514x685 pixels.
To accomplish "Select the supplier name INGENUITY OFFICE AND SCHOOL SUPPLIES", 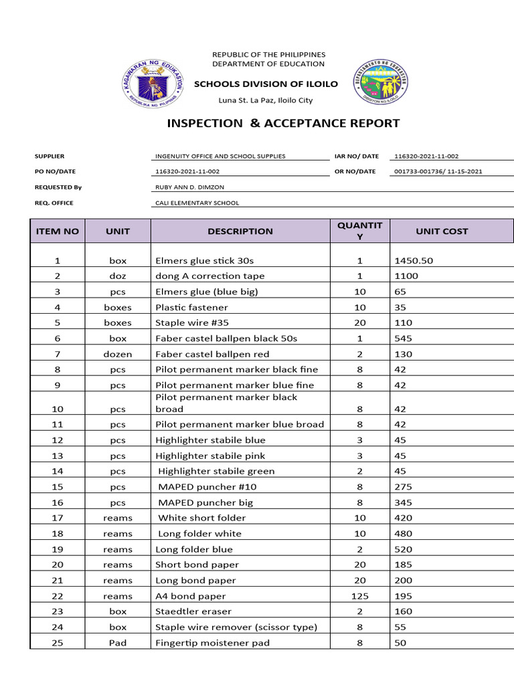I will pos(220,156).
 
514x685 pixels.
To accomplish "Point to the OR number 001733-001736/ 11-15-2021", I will pos(438,171).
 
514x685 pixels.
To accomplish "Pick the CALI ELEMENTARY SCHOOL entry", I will pos(197,203).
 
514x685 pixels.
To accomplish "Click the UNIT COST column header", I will pos(442,231).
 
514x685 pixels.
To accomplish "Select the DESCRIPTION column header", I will pos(240,231).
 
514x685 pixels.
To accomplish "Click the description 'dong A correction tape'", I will pos(209,276).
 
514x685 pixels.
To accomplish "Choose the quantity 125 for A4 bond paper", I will pos(360,596).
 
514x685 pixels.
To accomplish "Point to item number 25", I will pos(58,643).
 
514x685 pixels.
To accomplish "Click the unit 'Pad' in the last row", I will pos(118,643).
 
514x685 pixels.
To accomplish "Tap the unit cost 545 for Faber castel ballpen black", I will pos(404,338).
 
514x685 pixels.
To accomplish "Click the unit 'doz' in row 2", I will pos(118,276).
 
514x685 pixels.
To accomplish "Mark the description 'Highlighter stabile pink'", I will pos(210,456).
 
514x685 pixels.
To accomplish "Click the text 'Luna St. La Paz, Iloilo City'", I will pos(266,100).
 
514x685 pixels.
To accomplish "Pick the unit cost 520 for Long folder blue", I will pos(404,549).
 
